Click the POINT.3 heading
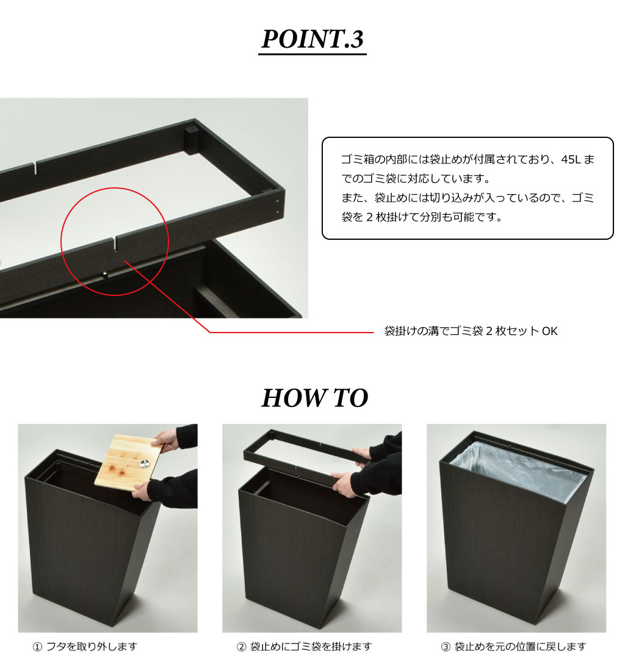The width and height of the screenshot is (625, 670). pyautogui.click(x=312, y=39)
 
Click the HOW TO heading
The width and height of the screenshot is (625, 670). pyautogui.click(x=315, y=398)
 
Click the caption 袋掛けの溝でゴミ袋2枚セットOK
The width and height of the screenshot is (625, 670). pyautogui.click(x=471, y=331)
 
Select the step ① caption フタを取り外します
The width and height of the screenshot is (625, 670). pyautogui.click(x=85, y=646)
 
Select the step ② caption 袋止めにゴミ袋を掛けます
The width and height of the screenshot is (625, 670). pyautogui.click(x=305, y=646)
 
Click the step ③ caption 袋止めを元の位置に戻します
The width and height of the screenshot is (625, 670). pyautogui.click(x=513, y=646)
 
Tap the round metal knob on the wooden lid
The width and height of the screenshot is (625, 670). pyautogui.click(x=145, y=463)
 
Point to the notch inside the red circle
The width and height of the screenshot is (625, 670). pyautogui.click(x=115, y=243)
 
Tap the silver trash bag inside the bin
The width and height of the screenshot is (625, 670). pyautogui.click(x=516, y=470)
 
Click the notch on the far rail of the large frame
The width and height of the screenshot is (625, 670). pyautogui.click(x=35, y=167)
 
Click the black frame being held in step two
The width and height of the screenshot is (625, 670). pyautogui.click(x=299, y=459)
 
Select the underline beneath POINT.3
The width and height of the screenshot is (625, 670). pyautogui.click(x=312, y=54)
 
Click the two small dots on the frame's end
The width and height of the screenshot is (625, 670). pyautogui.click(x=278, y=206)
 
